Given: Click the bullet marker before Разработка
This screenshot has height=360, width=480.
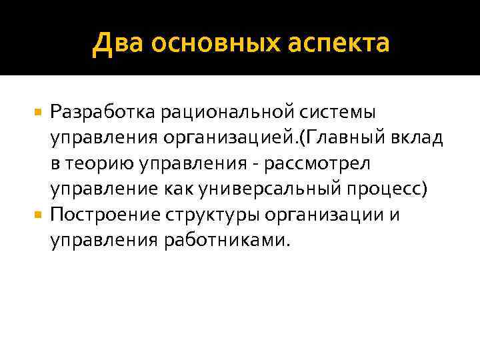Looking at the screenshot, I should [39, 109].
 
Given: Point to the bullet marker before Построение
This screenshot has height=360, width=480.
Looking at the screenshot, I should [39, 215].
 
